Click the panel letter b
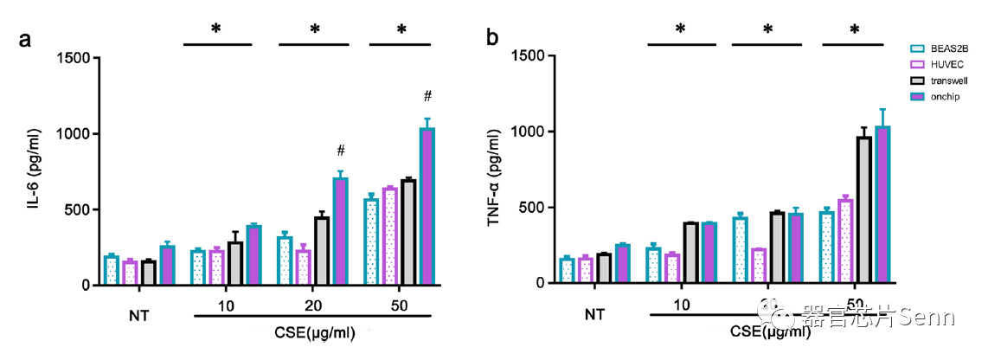(492, 38)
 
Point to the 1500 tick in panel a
(75, 58)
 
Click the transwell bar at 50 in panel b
(863, 210)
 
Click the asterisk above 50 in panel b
(854, 29)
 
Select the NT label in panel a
(138, 315)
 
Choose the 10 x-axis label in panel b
(681, 303)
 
